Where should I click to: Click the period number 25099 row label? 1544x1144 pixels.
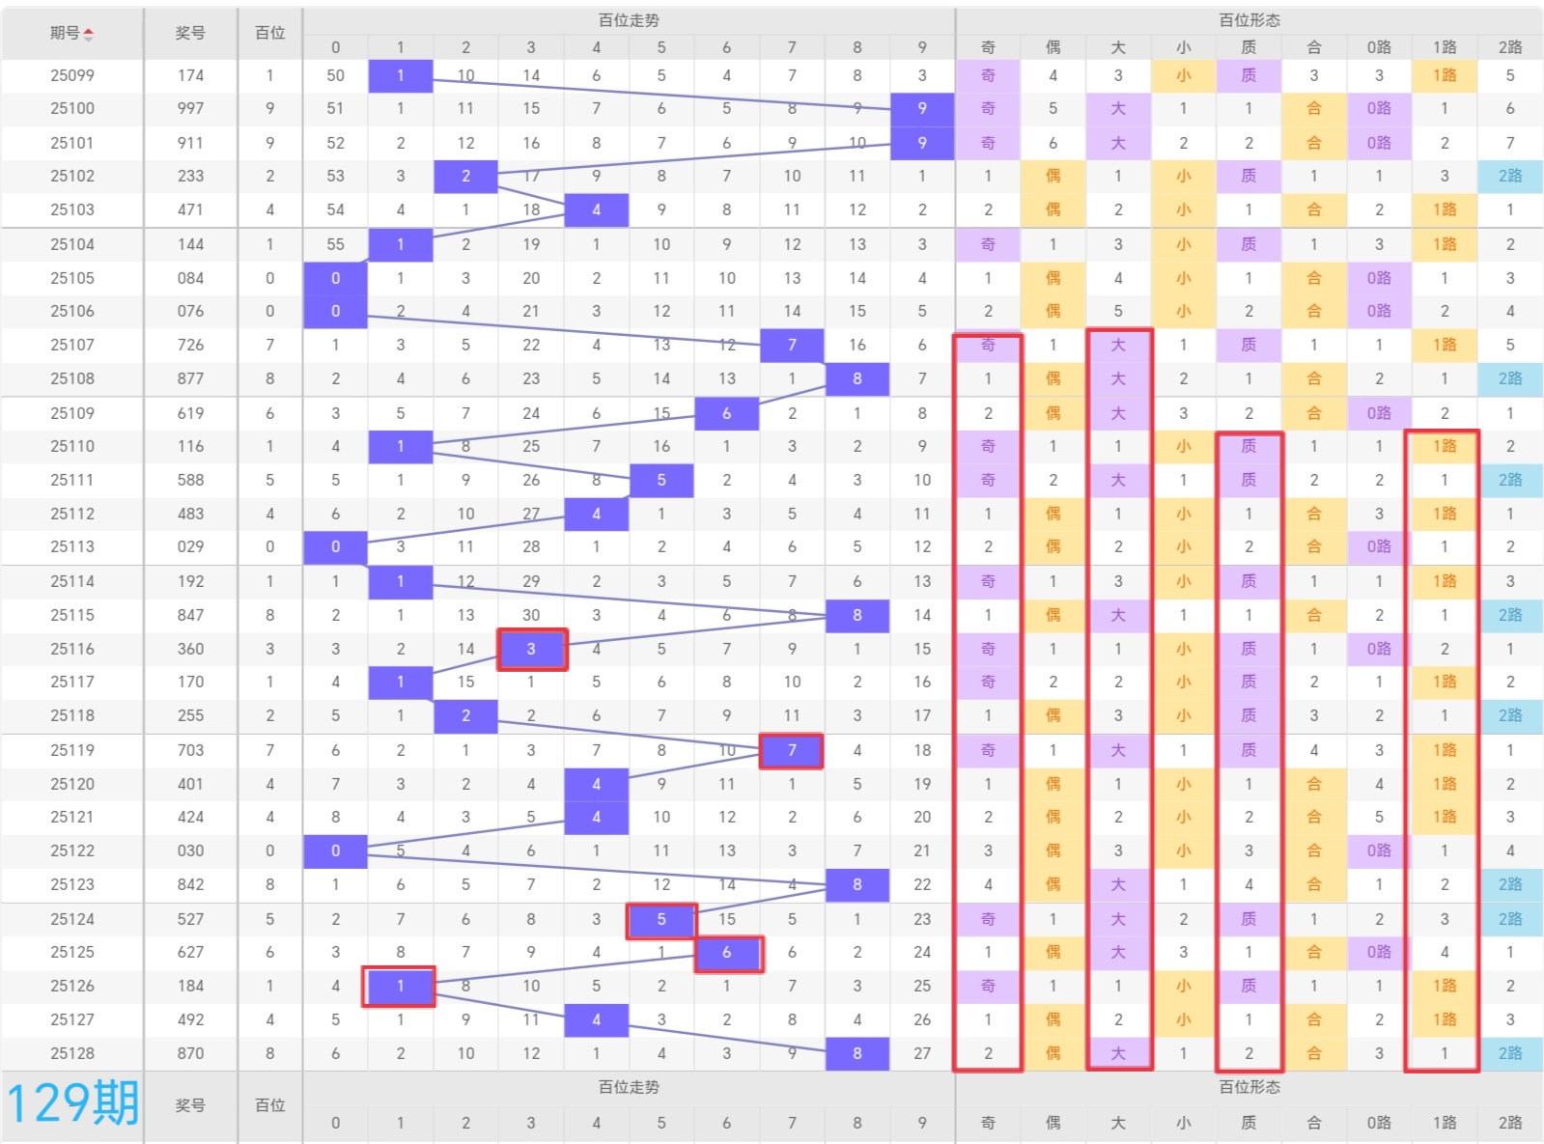tap(72, 75)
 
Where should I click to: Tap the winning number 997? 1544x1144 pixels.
tap(190, 109)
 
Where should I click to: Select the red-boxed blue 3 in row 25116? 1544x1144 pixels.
tap(531, 649)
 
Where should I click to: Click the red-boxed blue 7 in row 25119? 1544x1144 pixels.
tap(792, 750)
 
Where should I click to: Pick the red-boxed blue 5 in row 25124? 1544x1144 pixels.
tap(661, 920)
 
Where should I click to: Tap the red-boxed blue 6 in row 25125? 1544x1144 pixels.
tap(727, 953)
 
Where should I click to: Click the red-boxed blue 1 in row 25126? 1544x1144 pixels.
tap(400, 986)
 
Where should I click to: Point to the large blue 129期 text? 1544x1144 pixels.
tap(72, 1103)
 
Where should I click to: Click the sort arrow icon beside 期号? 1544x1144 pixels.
tap(89, 35)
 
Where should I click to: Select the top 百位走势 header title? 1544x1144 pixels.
tap(629, 20)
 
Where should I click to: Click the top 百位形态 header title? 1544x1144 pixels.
tap(1249, 20)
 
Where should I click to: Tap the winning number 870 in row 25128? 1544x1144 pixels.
tap(190, 1053)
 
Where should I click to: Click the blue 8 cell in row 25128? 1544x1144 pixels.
tap(857, 1053)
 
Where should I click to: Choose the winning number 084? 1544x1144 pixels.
tap(190, 278)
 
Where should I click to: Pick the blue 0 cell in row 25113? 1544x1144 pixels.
tap(335, 546)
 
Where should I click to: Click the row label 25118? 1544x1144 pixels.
tap(72, 715)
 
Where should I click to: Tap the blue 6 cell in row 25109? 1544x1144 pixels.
tap(727, 413)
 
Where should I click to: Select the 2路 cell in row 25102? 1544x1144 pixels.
tap(1510, 176)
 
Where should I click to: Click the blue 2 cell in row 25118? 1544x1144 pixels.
tap(465, 715)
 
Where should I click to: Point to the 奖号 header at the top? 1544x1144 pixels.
tap(190, 33)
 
